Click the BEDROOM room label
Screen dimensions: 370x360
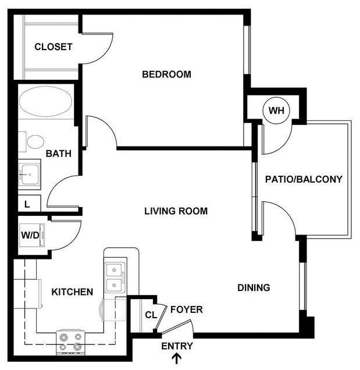pos(167,74)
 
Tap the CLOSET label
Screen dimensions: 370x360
pos(53,47)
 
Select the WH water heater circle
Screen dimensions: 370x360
pos(275,110)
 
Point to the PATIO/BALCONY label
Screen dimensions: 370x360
pos(304,179)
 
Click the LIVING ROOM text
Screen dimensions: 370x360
pos(176,211)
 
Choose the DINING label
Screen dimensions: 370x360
pos(254,287)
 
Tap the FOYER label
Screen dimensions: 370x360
pos(187,310)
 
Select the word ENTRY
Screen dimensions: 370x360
pos(177,346)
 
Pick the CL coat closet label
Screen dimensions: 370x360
pos(150,316)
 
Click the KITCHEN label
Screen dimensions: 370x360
pos(73,291)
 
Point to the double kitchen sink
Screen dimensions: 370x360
pos(114,277)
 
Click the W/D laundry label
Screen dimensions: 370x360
pos(29,236)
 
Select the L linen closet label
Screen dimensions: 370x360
pos(27,204)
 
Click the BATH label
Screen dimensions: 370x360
pos(59,154)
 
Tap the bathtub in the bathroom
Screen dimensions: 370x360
pos(45,103)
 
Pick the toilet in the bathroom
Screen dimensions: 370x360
pos(34,141)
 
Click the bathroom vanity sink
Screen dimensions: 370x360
pos(29,173)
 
